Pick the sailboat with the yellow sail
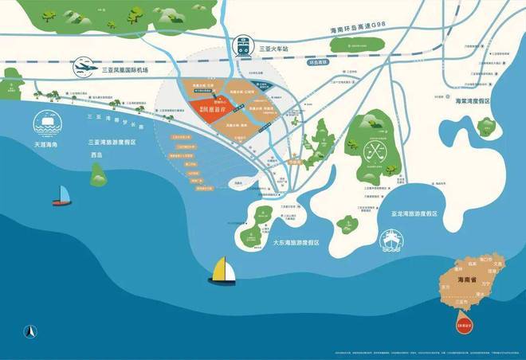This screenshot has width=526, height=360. click(x=222, y=272)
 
